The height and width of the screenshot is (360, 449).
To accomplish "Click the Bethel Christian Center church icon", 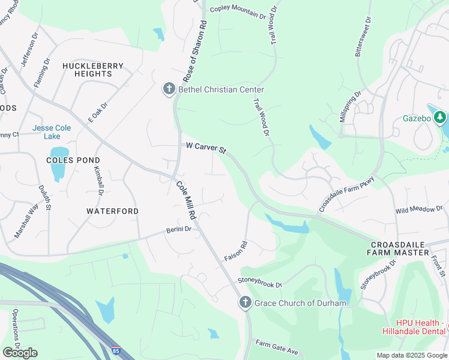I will coord(169,89).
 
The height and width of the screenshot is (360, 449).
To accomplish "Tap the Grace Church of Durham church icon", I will coord(245,303).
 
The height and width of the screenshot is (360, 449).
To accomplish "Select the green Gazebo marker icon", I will coord(441,118).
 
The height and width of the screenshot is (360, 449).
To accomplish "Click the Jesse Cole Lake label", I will coord(51,132).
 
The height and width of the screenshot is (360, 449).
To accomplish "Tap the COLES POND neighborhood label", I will coord(73,160).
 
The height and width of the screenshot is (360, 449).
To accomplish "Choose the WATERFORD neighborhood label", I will coord(112,211).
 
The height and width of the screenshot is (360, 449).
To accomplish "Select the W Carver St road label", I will coord(205,147).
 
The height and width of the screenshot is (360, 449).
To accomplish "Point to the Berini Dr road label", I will coord(179,229).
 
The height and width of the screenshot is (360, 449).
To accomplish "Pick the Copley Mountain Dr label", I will coord(238,13).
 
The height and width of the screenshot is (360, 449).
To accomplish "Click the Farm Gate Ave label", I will coord(277,347).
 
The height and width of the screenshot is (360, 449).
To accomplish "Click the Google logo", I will coord(20,353).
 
